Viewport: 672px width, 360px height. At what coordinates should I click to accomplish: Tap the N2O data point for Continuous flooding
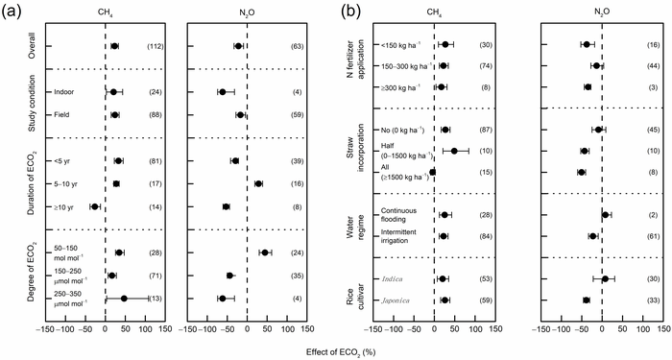606,215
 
